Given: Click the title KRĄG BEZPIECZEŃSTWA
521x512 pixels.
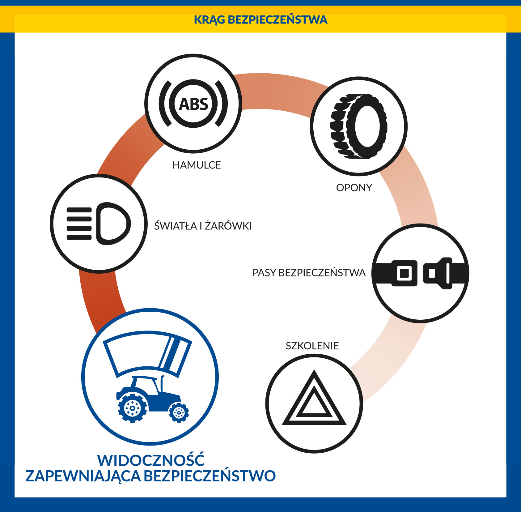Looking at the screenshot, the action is (x=260, y=19).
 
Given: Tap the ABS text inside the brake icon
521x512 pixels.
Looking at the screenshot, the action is (x=194, y=104).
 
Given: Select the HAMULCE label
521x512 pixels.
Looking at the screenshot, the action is (x=197, y=165).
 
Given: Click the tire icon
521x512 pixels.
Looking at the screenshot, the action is (x=359, y=126).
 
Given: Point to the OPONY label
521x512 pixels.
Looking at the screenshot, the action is (x=354, y=188).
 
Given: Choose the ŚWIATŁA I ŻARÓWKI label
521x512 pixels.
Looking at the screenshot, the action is (x=203, y=226).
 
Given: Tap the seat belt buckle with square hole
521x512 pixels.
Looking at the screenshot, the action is (x=405, y=273).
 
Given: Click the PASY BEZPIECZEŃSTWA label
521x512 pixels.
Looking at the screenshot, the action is (x=309, y=273).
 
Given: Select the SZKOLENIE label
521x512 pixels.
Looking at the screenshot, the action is (x=312, y=346).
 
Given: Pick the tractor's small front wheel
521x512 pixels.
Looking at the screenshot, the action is (x=179, y=412).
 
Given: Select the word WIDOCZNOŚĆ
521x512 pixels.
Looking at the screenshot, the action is (x=151, y=460).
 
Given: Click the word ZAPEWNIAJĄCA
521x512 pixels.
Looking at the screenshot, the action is (x=83, y=476).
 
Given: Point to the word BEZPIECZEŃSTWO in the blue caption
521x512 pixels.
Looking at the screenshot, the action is (x=210, y=476).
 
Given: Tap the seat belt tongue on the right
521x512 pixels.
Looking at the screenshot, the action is (x=438, y=273).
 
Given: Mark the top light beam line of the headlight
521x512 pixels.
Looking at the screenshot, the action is (x=79, y=210).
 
